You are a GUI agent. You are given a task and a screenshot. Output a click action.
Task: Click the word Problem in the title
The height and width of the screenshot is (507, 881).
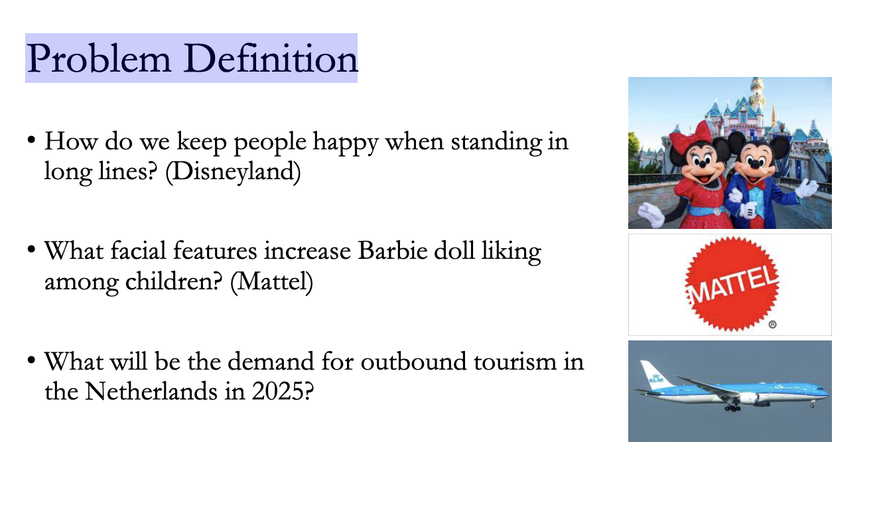(99, 60)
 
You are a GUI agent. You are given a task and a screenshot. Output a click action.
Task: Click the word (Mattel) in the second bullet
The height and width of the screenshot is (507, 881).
(271, 282)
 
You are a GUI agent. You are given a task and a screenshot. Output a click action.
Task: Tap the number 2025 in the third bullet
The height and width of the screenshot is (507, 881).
(283, 392)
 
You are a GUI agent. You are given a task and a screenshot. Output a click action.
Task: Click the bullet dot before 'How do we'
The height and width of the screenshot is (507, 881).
(31, 142)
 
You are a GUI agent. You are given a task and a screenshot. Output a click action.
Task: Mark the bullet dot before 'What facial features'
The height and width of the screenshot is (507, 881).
(31, 252)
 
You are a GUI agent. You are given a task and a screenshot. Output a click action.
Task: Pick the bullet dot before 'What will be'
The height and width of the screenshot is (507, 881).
(31, 362)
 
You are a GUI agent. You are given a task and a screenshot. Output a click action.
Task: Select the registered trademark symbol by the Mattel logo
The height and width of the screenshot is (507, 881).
(772, 325)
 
